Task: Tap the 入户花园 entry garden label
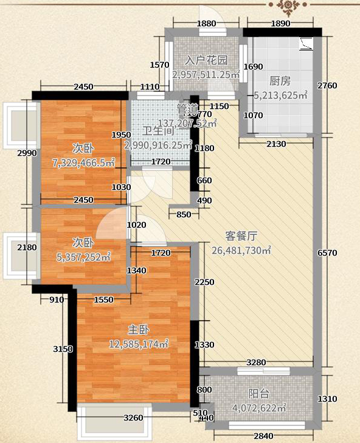(x=207, y=60)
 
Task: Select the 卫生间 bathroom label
(x=159, y=131)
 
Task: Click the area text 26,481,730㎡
(x=241, y=250)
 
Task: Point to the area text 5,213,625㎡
(x=280, y=96)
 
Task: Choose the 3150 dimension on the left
(x=63, y=349)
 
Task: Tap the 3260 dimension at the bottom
(x=133, y=418)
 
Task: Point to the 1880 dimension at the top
(x=207, y=24)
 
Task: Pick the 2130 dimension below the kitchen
(x=275, y=144)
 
